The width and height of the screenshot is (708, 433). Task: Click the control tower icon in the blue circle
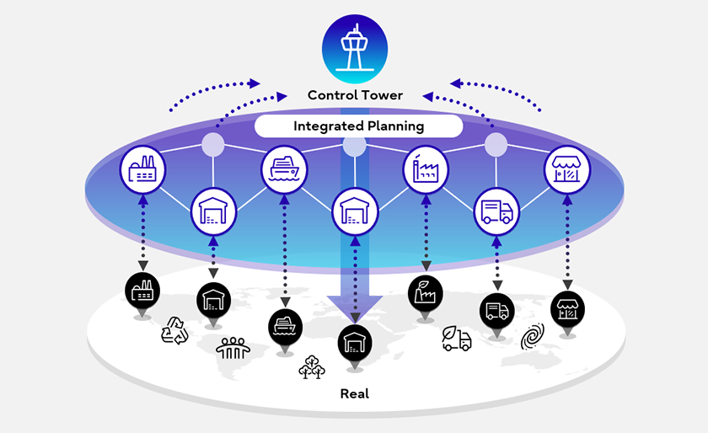point(355,48)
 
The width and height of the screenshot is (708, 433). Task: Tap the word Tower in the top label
point(381,95)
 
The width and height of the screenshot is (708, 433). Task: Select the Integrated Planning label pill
point(359,126)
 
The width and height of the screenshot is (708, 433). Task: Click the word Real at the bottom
point(354,393)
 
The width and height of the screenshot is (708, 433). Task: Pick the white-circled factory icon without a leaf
point(142,169)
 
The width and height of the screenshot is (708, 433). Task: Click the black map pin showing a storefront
point(567,307)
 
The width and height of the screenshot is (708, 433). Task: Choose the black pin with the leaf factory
point(425,291)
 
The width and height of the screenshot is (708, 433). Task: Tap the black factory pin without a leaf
point(142,289)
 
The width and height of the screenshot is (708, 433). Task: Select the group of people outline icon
point(233,346)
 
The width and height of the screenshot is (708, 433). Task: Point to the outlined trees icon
point(310,367)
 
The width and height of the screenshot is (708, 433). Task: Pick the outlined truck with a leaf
point(457,339)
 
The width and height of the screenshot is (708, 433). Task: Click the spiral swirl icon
point(532,338)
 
